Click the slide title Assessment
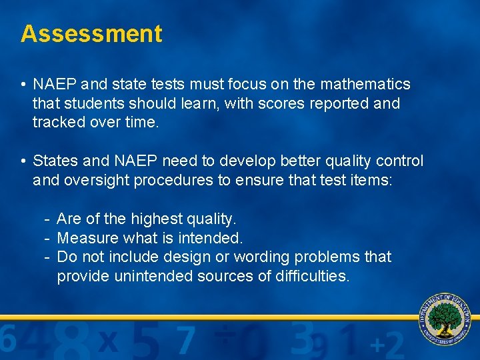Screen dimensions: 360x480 tap(91, 33)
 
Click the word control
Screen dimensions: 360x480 tap(398, 161)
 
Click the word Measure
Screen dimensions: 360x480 tap(85, 238)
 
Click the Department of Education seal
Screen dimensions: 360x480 tap(445, 319)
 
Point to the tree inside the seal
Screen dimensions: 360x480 tap(445, 316)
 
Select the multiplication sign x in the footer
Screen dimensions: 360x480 tap(108, 342)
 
